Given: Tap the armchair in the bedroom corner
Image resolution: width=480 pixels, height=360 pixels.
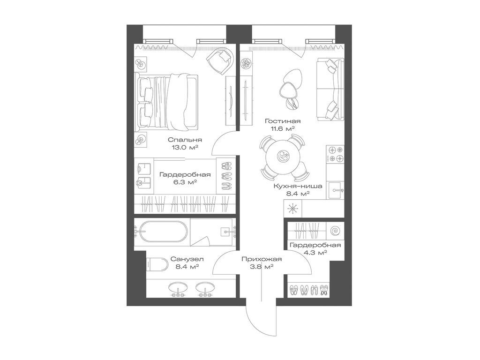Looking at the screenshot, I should [x=221, y=60].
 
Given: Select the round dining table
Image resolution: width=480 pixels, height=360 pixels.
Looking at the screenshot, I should [x=283, y=157].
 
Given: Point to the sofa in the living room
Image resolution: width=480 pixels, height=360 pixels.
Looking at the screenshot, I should [x=330, y=89].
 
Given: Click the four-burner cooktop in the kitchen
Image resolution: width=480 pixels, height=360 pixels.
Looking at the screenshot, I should [x=335, y=155].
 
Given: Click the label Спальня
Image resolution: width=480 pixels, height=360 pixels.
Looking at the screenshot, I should [x=185, y=140].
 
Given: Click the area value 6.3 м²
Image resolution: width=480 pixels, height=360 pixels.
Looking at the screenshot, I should [x=185, y=182].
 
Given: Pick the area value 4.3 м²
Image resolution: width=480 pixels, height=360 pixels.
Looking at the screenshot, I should [x=315, y=253].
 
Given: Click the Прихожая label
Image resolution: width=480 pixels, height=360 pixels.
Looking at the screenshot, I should [x=262, y=259].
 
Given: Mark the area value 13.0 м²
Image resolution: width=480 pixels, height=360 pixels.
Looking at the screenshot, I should [x=185, y=147].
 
